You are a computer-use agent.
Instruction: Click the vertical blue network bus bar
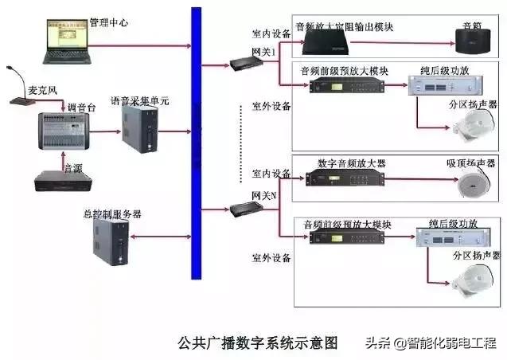coord(197,143)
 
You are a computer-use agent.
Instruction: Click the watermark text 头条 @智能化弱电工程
coord(431,343)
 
